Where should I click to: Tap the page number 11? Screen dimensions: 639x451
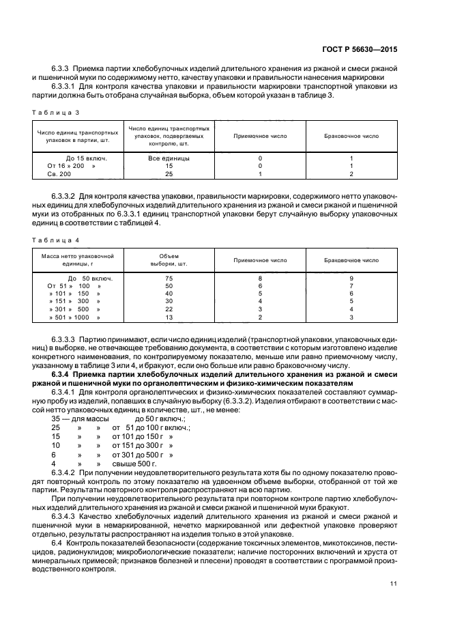394,583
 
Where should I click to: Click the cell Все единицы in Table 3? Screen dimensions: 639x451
169,158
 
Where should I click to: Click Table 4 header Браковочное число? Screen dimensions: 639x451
351,260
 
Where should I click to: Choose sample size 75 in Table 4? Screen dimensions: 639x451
169,279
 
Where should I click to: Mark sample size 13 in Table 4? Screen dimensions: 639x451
169,317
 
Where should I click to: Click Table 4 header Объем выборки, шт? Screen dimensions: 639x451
169,260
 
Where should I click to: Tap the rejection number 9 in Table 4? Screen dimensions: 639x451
351,279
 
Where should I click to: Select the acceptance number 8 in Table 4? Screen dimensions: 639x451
260,279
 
